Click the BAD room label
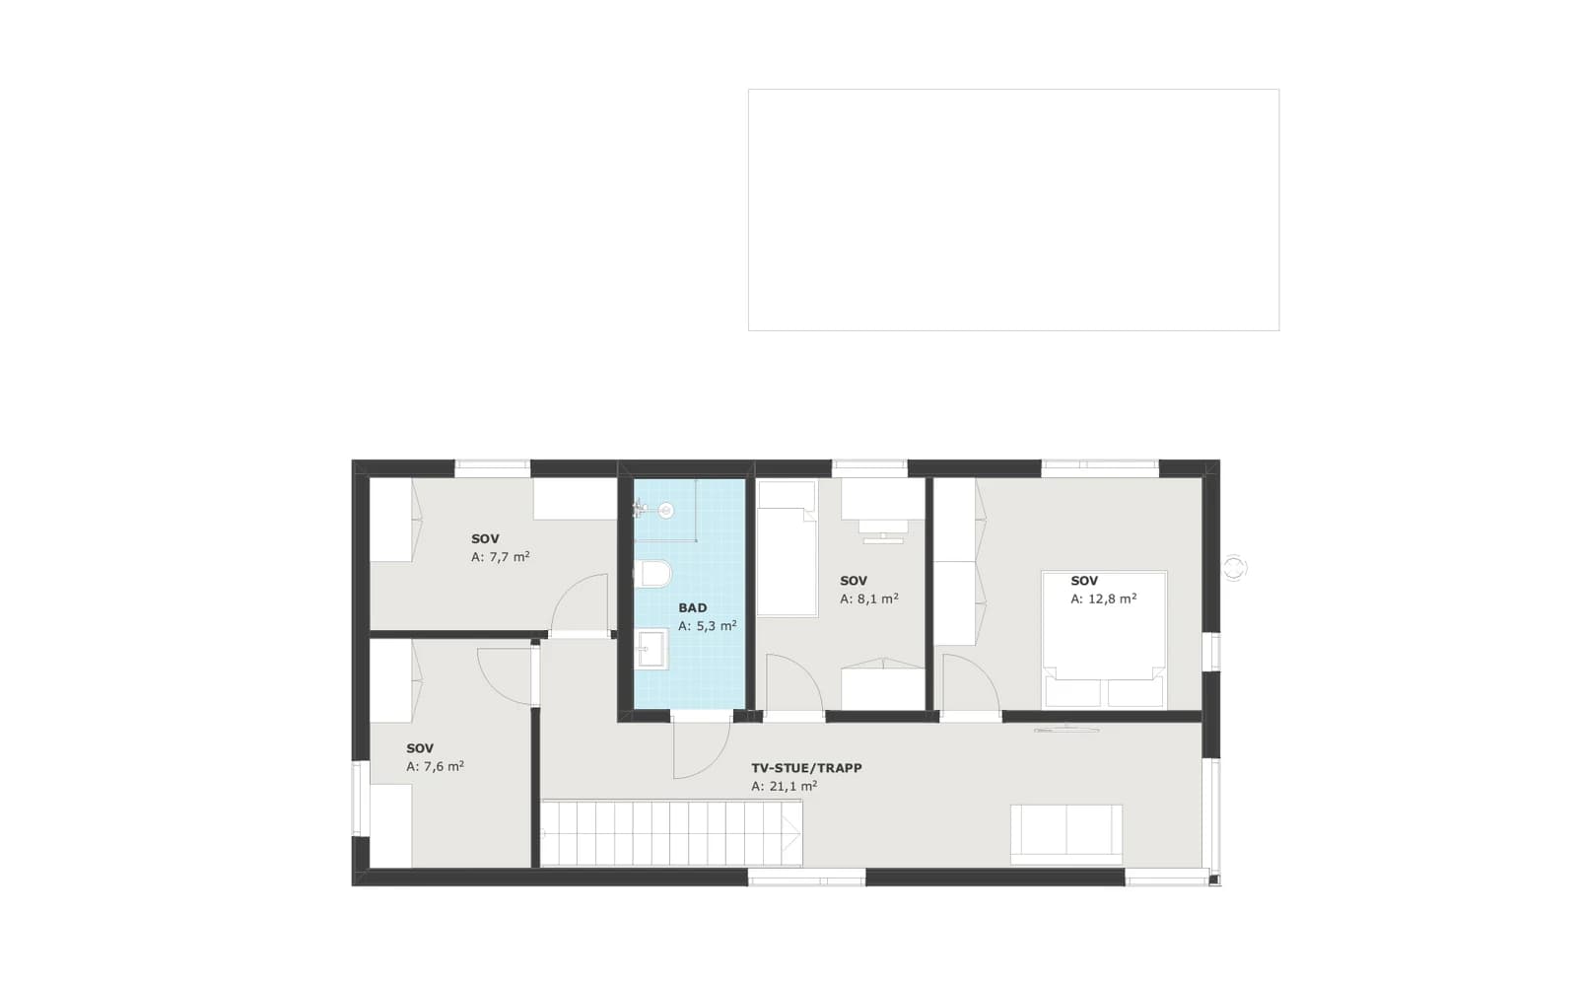click(693, 607)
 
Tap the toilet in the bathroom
click(652, 573)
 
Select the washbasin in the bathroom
click(651, 649)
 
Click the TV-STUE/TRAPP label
click(806, 768)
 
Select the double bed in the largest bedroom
click(1104, 640)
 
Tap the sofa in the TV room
click(1065, 834)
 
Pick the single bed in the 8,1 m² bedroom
click(788, 549)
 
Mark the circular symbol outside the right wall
click(1233, 568)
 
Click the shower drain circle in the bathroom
click(666, 511)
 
